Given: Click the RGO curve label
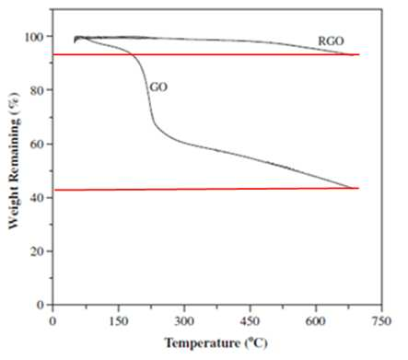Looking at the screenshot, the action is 331,41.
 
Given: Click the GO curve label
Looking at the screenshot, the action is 158,87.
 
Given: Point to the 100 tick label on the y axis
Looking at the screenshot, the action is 34,37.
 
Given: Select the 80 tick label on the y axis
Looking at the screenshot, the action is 37,90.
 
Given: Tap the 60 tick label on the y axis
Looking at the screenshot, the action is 37,145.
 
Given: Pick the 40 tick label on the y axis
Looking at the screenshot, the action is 37,198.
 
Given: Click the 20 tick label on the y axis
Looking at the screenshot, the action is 37,251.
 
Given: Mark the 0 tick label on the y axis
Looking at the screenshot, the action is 41,305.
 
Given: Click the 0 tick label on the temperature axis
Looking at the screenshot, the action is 52,321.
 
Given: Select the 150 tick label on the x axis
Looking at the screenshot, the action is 119,321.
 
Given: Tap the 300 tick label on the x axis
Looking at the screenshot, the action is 184,321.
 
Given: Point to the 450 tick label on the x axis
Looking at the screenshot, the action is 250,321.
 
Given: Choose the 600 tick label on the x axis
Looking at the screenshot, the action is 316,321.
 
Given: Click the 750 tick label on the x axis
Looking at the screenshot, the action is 381,321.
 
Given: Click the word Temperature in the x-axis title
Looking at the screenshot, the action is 203,343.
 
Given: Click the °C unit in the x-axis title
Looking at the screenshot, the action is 257,343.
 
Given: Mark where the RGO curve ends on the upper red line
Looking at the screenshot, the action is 350,54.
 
